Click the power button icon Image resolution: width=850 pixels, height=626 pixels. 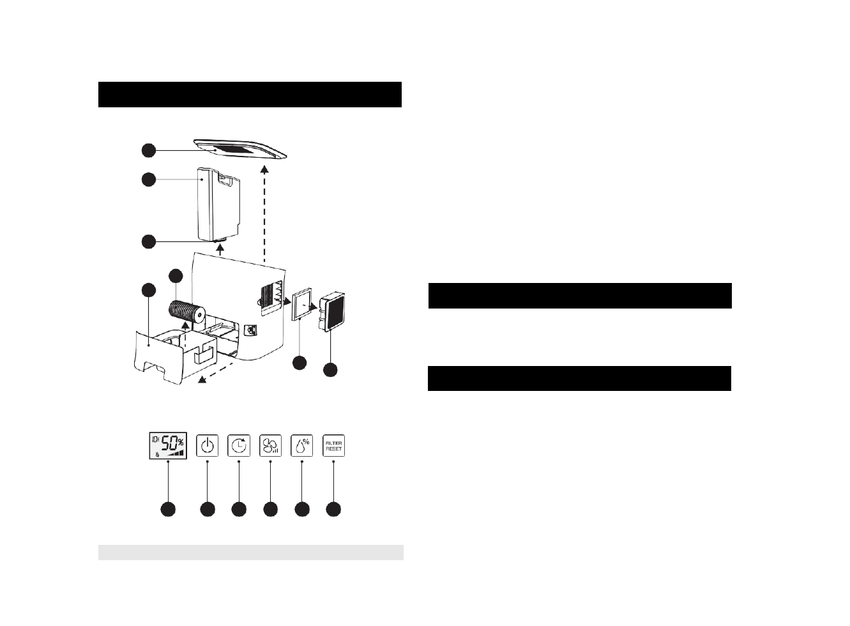pyautogui.click(x=207, y=446)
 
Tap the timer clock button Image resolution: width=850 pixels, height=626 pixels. pyautogui.click(x=239, y=446)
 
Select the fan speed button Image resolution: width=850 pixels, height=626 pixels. pyautogui.click(x=271, y=446)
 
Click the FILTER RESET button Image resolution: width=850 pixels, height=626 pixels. pyautogui.click(x=333, y=446)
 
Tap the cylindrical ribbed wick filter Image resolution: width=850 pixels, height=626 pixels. pyautogui.click(x=186, y=312)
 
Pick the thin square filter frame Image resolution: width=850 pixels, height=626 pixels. pyautogui.click(x=301, y=306)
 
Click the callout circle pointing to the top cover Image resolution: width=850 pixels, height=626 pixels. pyautogui.click(x=148, y=150)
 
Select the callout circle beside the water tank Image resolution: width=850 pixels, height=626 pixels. pyautogui.click(x=148, y=179)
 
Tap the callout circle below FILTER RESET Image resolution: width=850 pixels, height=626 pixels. pyautogui.click(x=333, y=509)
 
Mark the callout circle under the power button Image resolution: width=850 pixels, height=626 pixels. pyautogui.click(x=207, y=509)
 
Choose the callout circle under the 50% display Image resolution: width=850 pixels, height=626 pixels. pyautogui.click(x=168, y=509)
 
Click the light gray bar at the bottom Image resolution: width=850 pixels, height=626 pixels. pyautogui.click(x=250, y=553)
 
